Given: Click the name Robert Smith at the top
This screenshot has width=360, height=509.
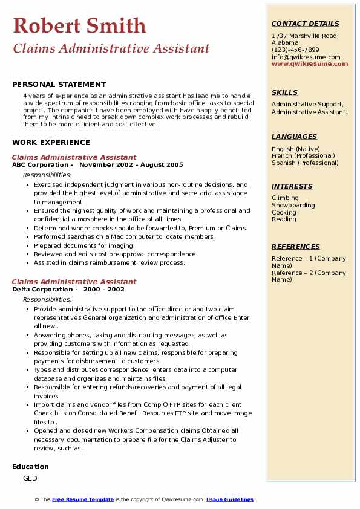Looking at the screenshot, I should point(79,26).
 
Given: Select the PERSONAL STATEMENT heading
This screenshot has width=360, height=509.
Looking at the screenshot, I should point(59,85).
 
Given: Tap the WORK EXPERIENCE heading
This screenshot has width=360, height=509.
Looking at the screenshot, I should point(51,143).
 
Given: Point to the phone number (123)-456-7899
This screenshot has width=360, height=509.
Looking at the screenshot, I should point(295,50).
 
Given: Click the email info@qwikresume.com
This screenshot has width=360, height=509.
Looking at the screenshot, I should point(306,57).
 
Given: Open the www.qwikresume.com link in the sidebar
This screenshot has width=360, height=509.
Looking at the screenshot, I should point(310,63).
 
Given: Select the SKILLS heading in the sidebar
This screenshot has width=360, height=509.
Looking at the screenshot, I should point(284,92).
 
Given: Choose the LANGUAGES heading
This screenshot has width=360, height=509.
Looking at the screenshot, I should point(294,137).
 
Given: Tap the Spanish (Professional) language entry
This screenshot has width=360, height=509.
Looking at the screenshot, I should point(306,163).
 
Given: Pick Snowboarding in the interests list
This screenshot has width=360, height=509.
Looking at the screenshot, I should point(293,206).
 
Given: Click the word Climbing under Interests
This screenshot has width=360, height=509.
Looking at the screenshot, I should point(285,198).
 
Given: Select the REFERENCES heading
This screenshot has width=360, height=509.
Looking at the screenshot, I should point(296,247).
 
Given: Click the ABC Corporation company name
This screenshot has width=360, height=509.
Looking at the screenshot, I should point(40,164).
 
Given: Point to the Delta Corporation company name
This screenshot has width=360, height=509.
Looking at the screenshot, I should point(42,289).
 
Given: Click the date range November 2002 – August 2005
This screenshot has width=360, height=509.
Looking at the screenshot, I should point(131,164).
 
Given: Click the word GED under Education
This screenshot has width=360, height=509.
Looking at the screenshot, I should point(30,478).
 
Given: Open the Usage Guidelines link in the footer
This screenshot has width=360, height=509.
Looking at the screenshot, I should point(229,499).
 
